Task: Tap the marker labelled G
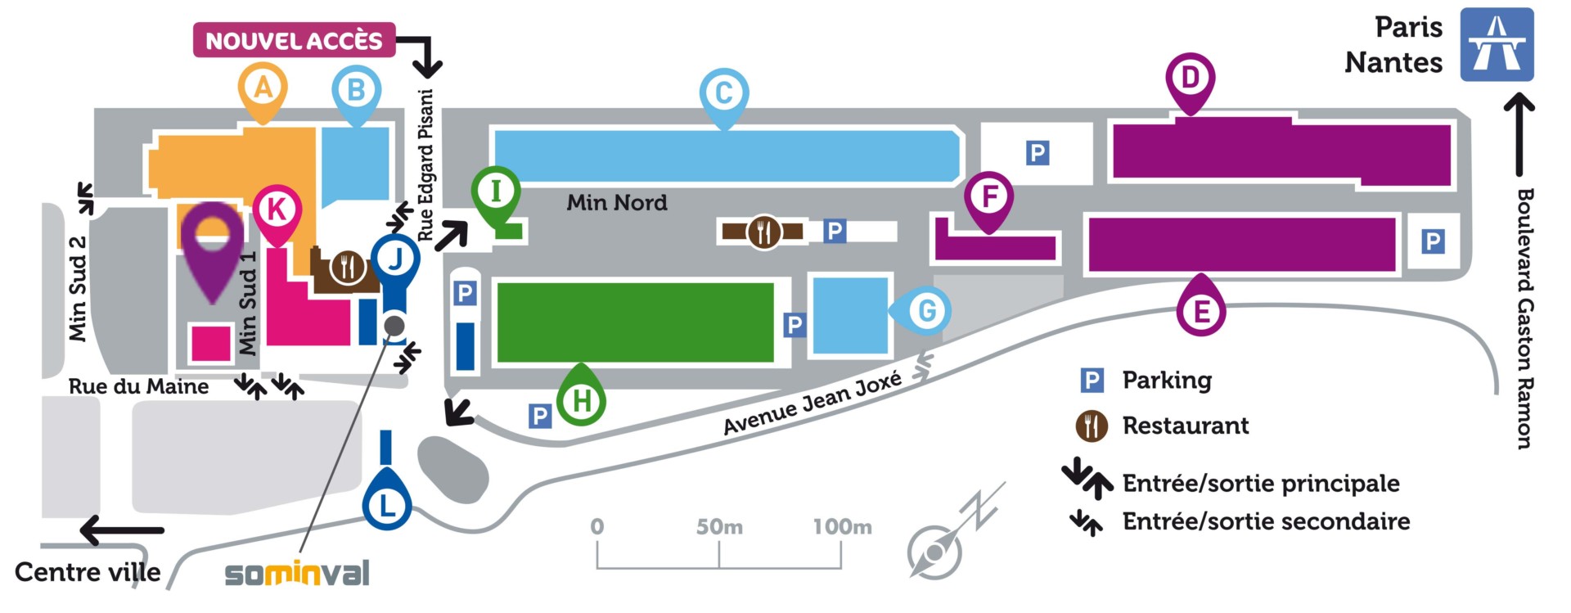pos(920,311)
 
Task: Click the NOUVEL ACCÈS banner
pos(295,40)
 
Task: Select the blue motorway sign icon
pos(1497,44)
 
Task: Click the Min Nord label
pos(617,202)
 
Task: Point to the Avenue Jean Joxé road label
pos(813,403)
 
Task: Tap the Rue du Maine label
pos(138,386)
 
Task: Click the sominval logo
pos(297,573)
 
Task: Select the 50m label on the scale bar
pos(719,526)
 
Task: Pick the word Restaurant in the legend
pos(1186,426)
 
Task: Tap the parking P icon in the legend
pos(1092,381)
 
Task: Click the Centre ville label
pos(88,572)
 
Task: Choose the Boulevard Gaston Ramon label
pos(1524,318)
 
